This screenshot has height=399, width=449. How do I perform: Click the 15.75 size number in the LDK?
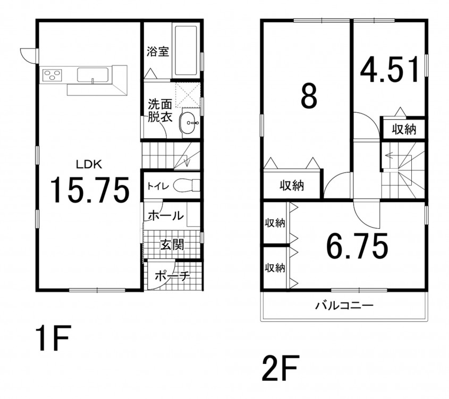point(90,190)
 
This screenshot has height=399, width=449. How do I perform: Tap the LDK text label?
point(89,164)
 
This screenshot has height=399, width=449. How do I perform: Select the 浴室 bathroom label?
point(158,52)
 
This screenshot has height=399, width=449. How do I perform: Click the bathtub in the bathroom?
point(185,51)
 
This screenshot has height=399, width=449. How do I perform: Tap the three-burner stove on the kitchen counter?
point(53,75)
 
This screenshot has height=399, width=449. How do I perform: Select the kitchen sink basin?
point(93,75)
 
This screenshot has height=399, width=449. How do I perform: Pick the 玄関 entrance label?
point(172,245)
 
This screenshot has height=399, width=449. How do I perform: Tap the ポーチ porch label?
point(172,276)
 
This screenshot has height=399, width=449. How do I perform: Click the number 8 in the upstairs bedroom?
point(309,96)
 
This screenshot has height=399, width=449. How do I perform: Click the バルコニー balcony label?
point(344,305)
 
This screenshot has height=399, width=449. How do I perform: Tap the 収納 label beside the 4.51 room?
point(404,130)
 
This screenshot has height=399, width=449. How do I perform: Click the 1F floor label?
point(53,338)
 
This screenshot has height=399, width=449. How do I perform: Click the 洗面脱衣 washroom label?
point(160,111)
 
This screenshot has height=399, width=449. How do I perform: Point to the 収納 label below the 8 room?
point(292,186)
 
